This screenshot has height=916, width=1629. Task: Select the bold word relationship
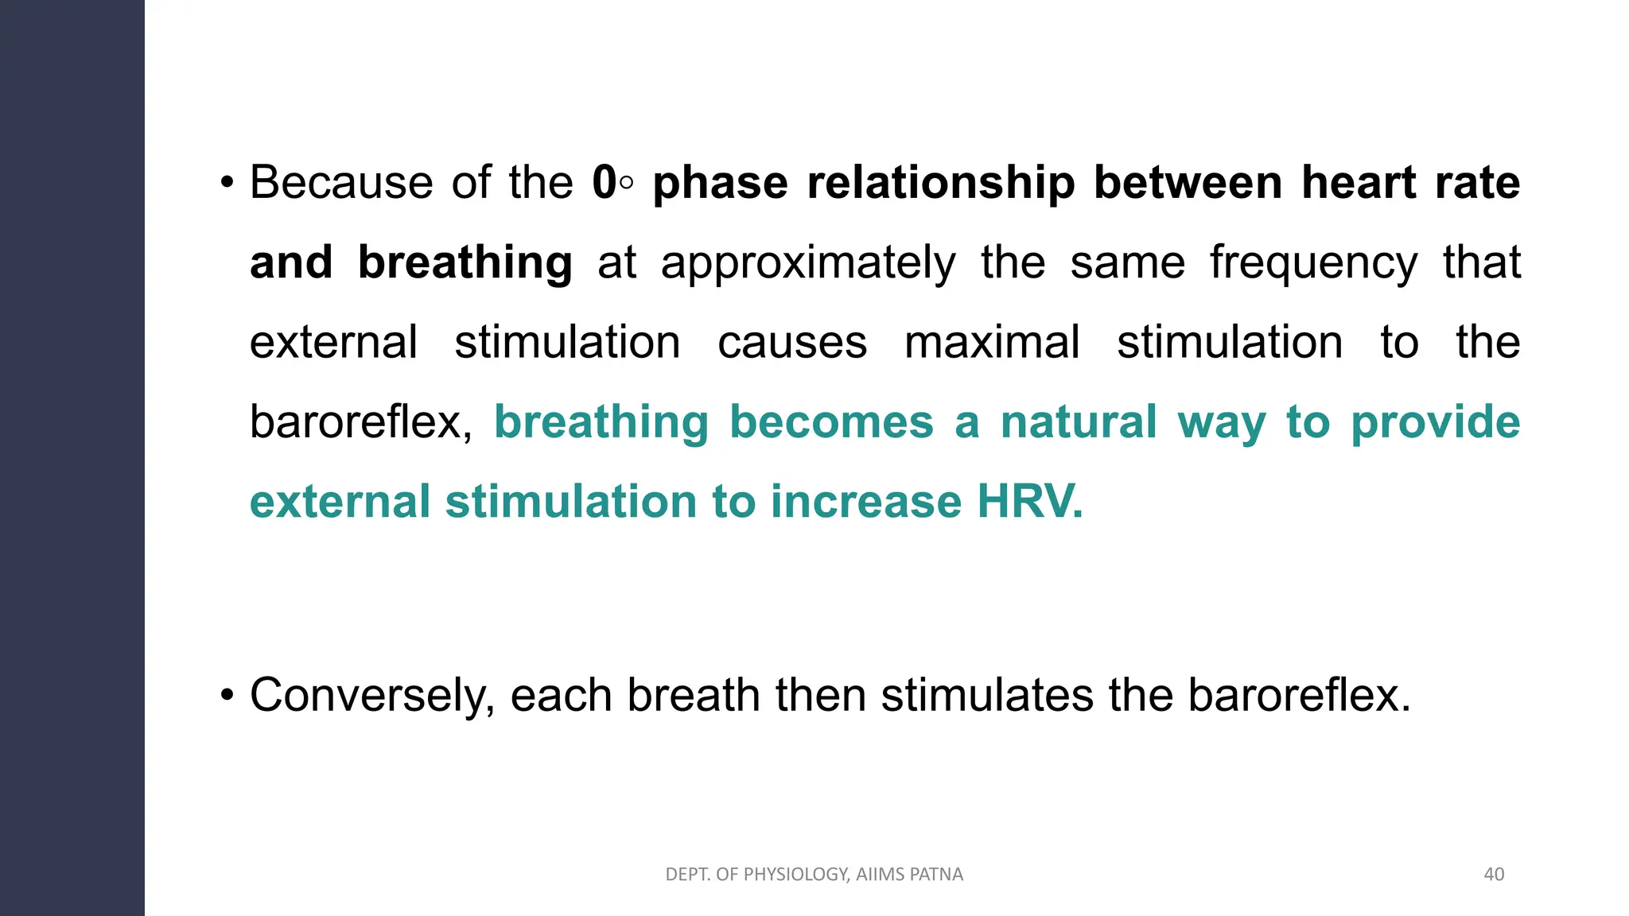(940, 183)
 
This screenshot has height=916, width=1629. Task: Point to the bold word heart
(1359, 183)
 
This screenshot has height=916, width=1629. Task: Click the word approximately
(807, 264)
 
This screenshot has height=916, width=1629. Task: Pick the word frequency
(1313, 264)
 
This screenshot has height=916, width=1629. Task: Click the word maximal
(992, 343)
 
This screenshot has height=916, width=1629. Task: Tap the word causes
(792, 343)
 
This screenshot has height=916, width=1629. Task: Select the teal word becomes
(831, 422)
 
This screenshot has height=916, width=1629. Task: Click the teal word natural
(1078, 422)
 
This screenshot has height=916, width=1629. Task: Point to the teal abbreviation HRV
(1029, 502)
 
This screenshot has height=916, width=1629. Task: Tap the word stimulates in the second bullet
(987, 695)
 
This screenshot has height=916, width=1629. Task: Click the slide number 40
(1494, 875)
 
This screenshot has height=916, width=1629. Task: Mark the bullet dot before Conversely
(227, 697)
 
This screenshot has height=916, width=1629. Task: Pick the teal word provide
(1435, 422)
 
